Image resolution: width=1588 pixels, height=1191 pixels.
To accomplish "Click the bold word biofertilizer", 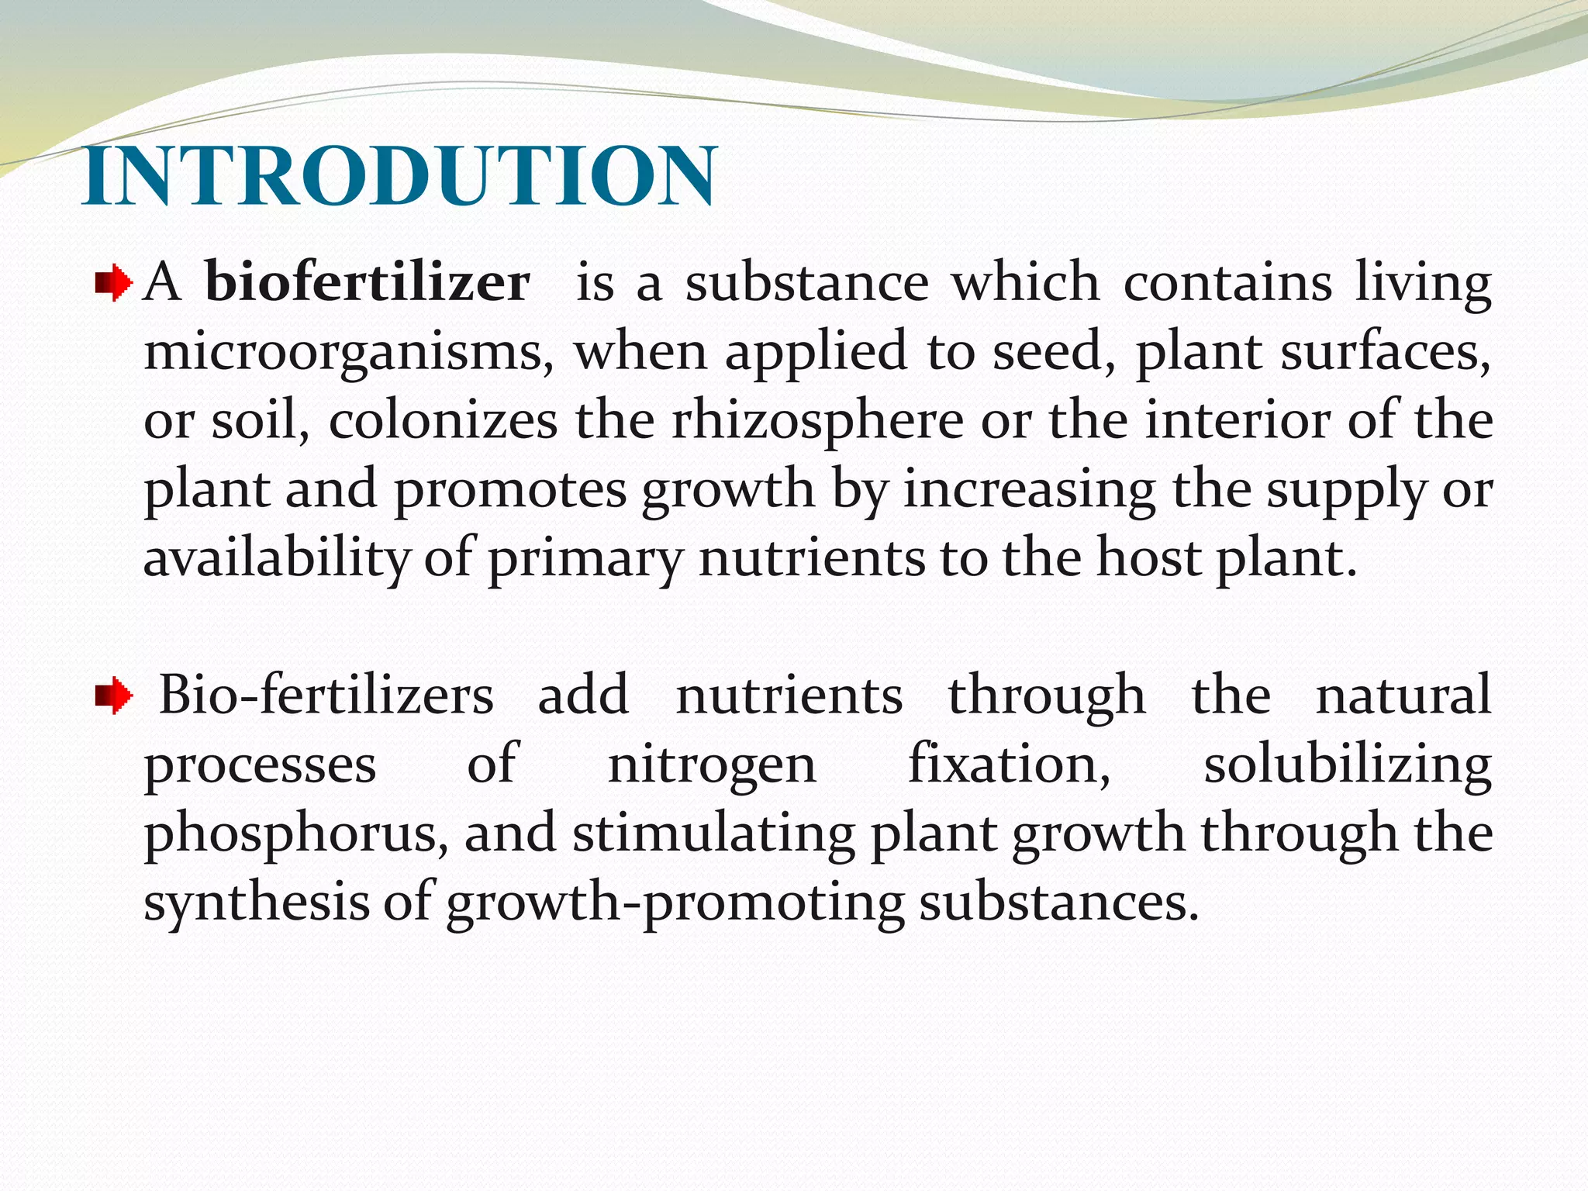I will pos(368,283).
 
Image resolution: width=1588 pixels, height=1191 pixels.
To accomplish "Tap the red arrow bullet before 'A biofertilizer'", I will pos(114,285).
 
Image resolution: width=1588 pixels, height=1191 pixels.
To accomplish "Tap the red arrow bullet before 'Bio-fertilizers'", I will pos(114,696).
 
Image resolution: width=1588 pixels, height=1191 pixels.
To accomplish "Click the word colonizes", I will pos(443,421).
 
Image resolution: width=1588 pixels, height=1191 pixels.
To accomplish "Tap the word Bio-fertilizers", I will pos(326,696).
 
